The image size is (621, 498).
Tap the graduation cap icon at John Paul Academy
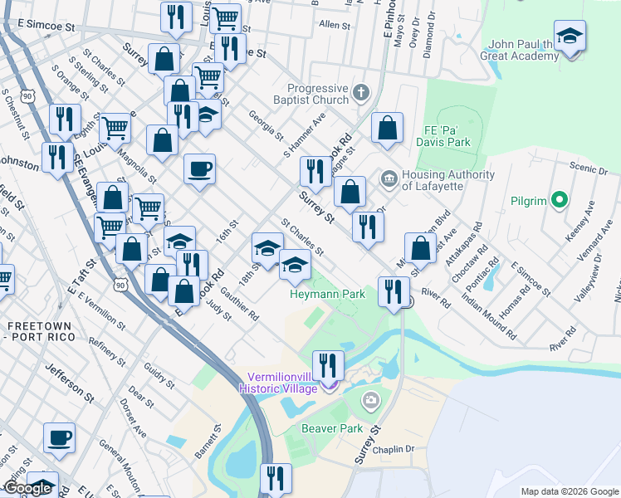pyautogui.click(x=570, y=37)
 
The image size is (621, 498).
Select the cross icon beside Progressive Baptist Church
pyautogui.click(x=361, y=92)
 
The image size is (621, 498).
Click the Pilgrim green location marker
pyautogui.click(x=560, y=200)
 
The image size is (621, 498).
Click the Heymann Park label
pyautogui.click(x=327, y=294)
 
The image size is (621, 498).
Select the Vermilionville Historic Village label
pyautogui.click(x=278, y=382)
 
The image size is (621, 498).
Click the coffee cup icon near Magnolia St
pyautogui.click(x=199, y=170)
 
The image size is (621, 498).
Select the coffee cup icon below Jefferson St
pyautogui.click(x=59, y=437)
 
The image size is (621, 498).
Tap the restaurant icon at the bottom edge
pyautogui.click(x=276, y=479)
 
